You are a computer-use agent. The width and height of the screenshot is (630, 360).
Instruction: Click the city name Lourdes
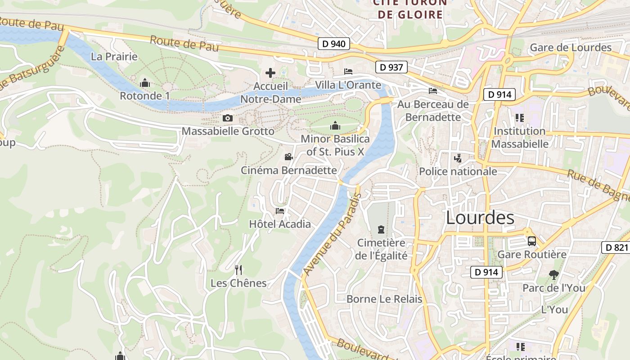tap(480, 218)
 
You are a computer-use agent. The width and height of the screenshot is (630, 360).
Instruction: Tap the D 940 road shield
tap(333, 44)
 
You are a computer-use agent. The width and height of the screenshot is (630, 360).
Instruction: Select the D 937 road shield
tap(391, 67)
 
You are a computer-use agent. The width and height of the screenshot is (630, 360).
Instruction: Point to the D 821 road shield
tap(616, 247)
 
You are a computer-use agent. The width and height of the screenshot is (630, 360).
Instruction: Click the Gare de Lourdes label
tap(571, 48)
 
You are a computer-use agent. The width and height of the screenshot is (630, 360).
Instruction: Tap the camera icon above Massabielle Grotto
tap(228, 118)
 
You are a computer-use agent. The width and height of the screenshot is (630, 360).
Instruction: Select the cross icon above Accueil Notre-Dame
tap(270, 72)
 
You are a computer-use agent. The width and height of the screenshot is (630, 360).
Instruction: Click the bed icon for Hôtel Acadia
tap(280, 211)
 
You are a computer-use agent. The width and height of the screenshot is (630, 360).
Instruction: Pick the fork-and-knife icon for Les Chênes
tap(238, 270)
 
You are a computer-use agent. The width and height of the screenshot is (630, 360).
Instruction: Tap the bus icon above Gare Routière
tap(531, 241)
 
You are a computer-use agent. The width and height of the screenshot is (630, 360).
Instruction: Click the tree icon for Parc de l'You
tap(553, 274)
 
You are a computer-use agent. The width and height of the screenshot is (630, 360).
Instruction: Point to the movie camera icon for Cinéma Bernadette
tap(288, 157)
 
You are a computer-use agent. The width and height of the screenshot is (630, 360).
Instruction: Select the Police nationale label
tap(458, 171)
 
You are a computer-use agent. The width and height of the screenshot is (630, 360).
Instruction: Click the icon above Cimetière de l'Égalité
tap(381, 229)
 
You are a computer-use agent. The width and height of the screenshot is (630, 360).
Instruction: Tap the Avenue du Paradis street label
tap(333, 234)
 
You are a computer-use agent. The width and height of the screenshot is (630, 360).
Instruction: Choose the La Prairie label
tap(114, 57)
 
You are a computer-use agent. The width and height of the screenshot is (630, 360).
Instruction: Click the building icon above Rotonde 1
tap(145, 83)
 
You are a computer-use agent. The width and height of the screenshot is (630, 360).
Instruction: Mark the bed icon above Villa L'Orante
tap(348, 72)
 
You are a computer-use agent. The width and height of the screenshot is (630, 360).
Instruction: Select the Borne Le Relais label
tap(384, 299)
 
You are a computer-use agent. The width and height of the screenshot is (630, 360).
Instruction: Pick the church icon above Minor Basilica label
tap(335, 126)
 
